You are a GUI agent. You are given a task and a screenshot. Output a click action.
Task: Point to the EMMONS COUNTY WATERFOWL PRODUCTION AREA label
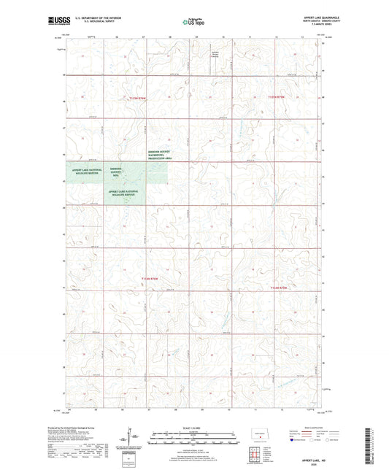tap(155, 155)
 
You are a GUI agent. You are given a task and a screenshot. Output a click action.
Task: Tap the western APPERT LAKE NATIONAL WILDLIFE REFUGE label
tap(85, 171)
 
